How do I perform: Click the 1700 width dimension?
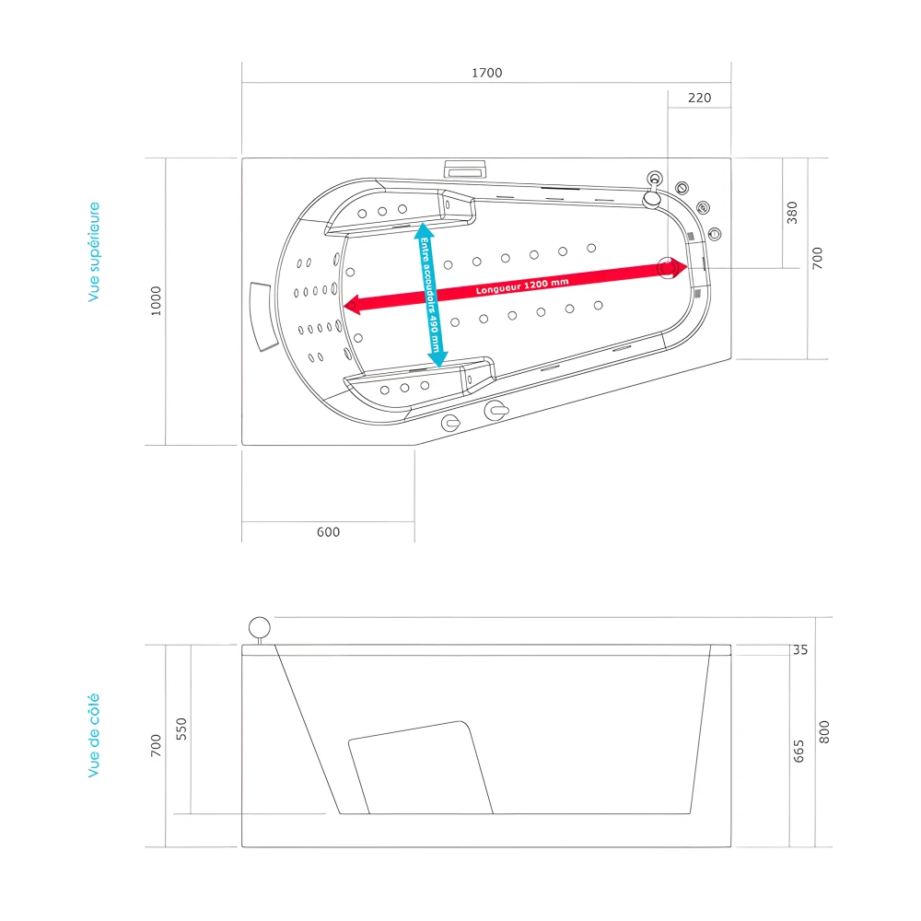487,73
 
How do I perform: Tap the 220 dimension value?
700,98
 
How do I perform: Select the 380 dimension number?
793,213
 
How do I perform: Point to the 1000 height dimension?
156,301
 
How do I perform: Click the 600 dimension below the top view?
328,532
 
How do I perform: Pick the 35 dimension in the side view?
799,650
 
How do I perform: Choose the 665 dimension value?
799,751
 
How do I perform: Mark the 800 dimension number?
824,732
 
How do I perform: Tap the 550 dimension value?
181,729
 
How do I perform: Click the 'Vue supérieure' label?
94,252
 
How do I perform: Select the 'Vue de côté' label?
94,736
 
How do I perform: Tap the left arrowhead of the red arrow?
351,304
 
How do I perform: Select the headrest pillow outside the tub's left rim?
263,315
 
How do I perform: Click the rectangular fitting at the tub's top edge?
465,169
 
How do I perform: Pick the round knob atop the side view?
260,628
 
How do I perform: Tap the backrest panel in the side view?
420,766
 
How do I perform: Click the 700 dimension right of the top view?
818,258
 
